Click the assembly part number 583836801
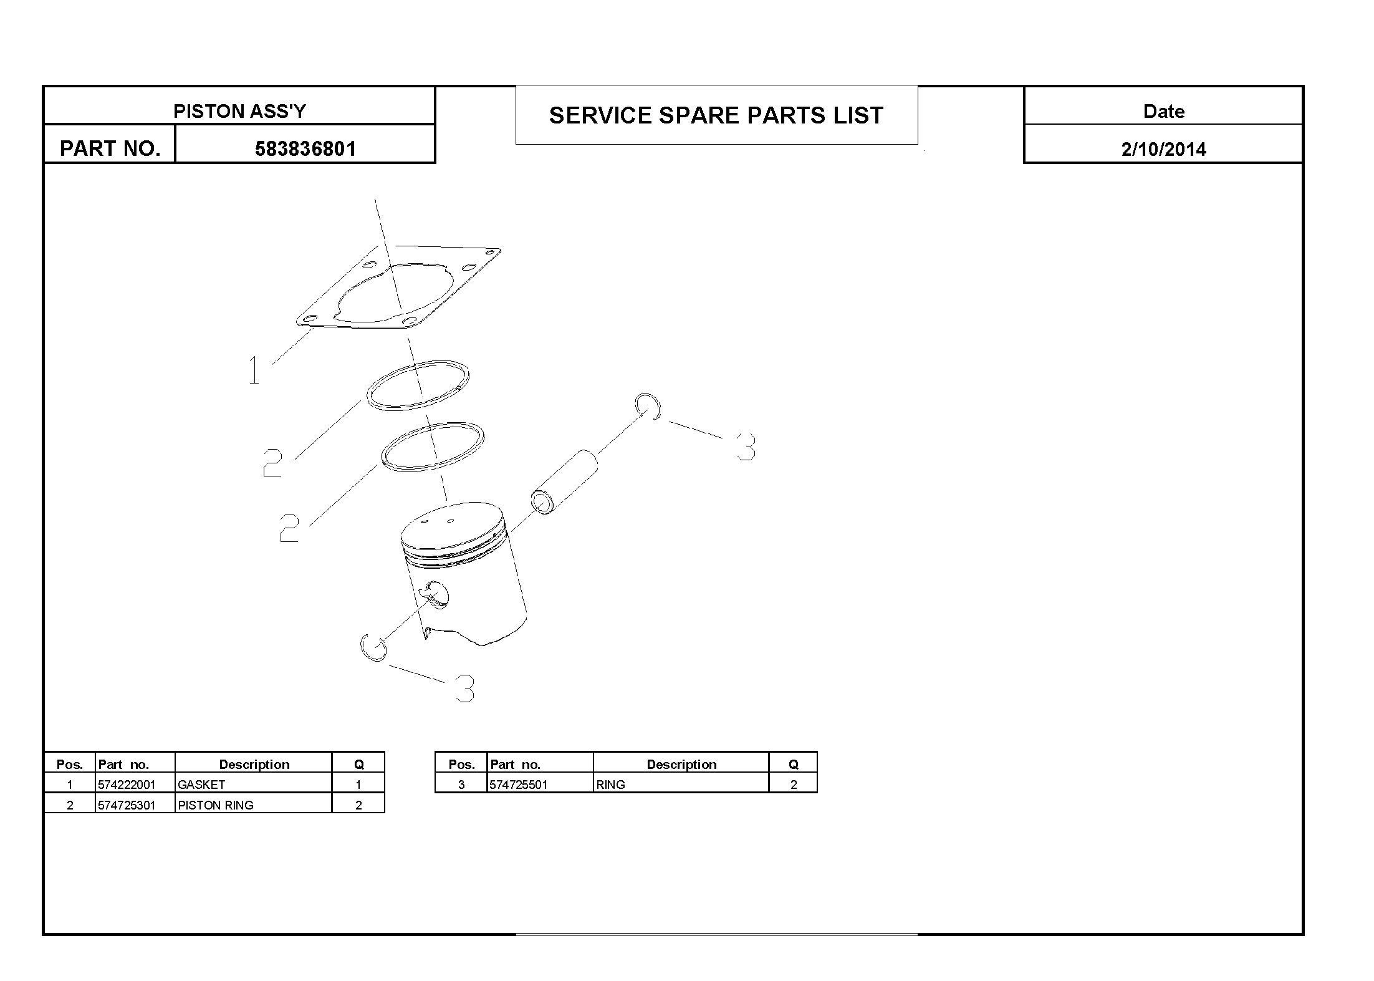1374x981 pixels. tap(305, 149)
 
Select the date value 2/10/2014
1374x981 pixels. tap(1163, 149)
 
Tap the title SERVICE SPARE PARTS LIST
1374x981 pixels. tap(716, 115)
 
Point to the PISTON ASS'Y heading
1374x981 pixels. tap(239, 111)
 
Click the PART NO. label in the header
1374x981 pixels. tap(110, 148)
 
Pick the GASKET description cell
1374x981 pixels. tap(201, 785)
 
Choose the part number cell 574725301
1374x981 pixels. tap(127, 805)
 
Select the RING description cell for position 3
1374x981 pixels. tap(610, 785)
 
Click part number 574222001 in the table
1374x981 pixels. tap(127, 785)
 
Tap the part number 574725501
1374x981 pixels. tap(519, 785)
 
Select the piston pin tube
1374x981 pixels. tap(564, 482)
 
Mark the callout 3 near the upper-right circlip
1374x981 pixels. tap(746, 447)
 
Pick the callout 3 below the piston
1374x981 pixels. tap(465, 689)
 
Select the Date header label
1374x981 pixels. tap(1163, 111)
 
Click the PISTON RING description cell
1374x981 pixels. tap(216, 805)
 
